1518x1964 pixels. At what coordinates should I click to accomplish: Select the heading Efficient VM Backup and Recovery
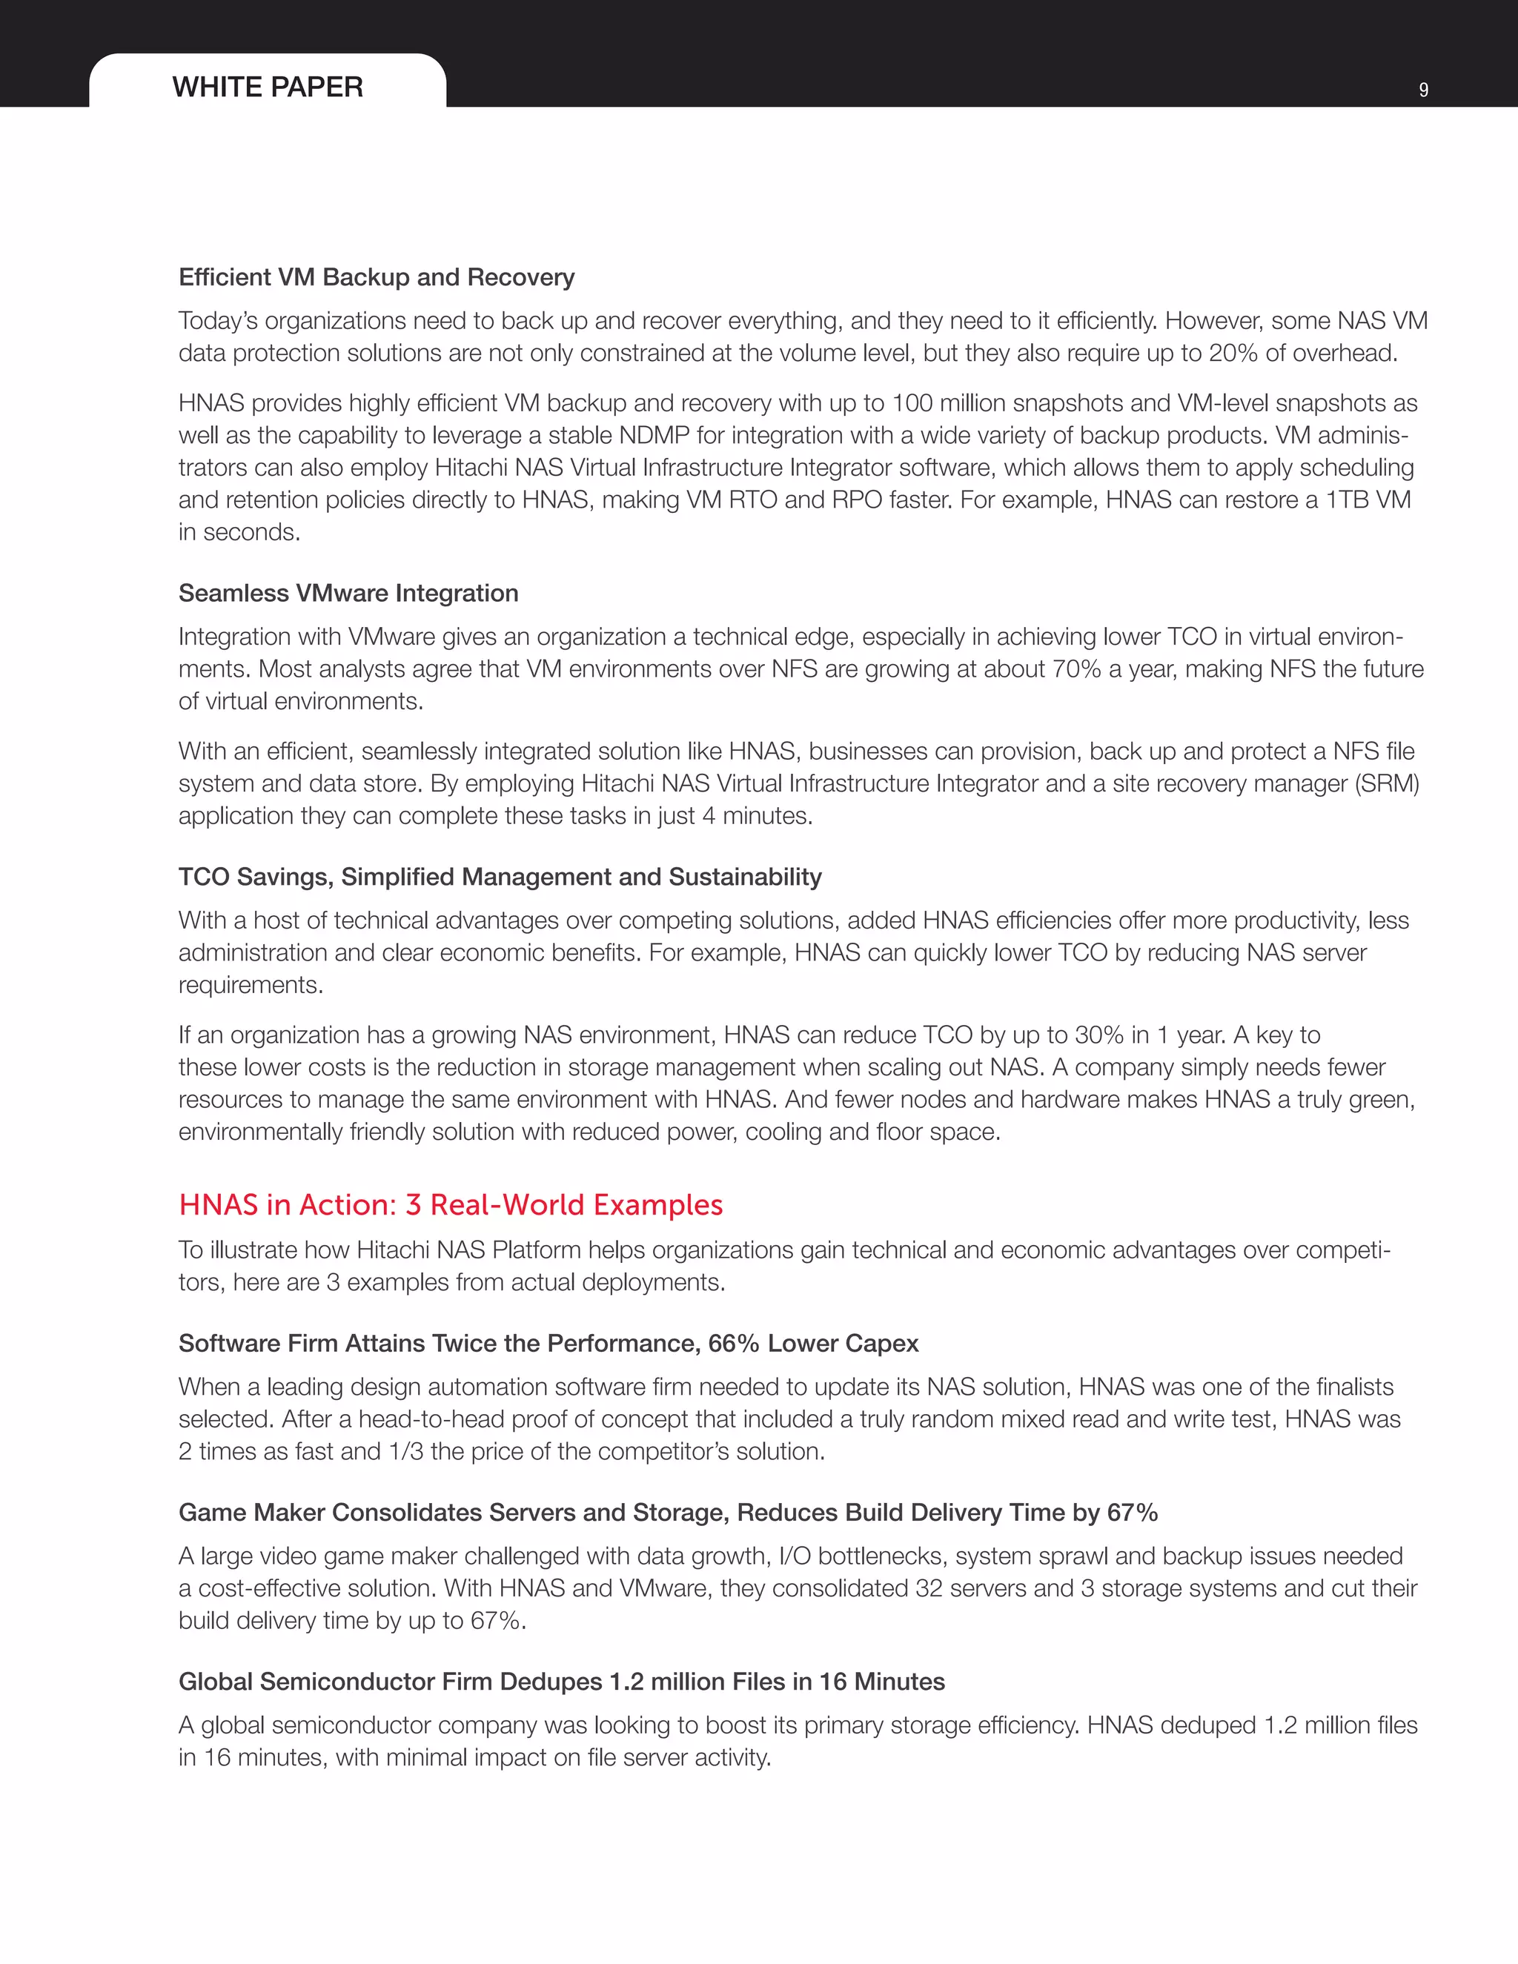click(x=376, y=277)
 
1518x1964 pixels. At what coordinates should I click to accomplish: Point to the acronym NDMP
click(x=654, y=436)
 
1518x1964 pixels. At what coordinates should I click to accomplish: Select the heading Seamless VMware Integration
click(x=348, y=594)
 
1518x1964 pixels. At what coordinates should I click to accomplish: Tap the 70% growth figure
click(x=1075, y=669)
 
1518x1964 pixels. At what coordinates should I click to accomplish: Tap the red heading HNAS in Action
click(x=450, y=1205)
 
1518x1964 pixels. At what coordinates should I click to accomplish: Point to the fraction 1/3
click(x=405, y=1451)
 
